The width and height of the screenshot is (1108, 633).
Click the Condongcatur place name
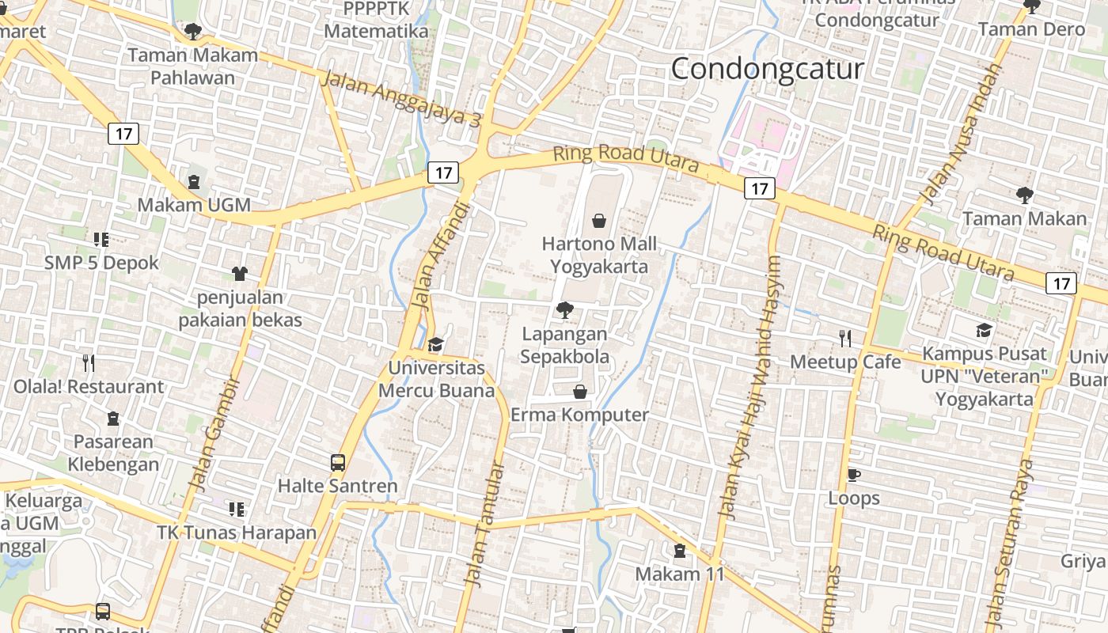(x=767, y=69)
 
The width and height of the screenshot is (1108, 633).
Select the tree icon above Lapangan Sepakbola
(x=564, y=310)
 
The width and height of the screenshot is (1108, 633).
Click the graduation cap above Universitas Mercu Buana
(x=435, y=344)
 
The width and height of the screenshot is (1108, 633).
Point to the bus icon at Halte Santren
(x=338, y=462)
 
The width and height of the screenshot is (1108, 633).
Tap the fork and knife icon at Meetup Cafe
(x=845, y=339)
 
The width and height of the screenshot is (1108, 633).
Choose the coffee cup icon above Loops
(x=853, y=475)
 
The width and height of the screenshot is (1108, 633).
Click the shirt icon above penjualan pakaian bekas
(x=239, y=274)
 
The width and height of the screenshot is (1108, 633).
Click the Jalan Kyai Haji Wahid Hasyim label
(x=749, y=388)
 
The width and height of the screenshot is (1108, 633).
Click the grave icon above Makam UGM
(x=194, y=182)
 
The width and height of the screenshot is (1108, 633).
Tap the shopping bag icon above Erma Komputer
(x=580, y=392)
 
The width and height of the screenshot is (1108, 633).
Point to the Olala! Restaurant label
(x=89, y=387)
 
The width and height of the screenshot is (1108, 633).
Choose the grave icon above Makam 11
(x=680, y=551)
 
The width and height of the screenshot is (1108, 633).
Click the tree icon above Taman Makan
(x=1024, y=195)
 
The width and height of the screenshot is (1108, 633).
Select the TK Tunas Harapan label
(x=237, y=532)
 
